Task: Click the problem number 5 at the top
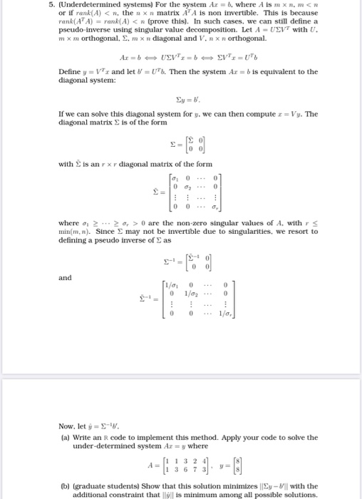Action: (61, 6)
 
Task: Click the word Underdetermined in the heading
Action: (96, 6)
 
